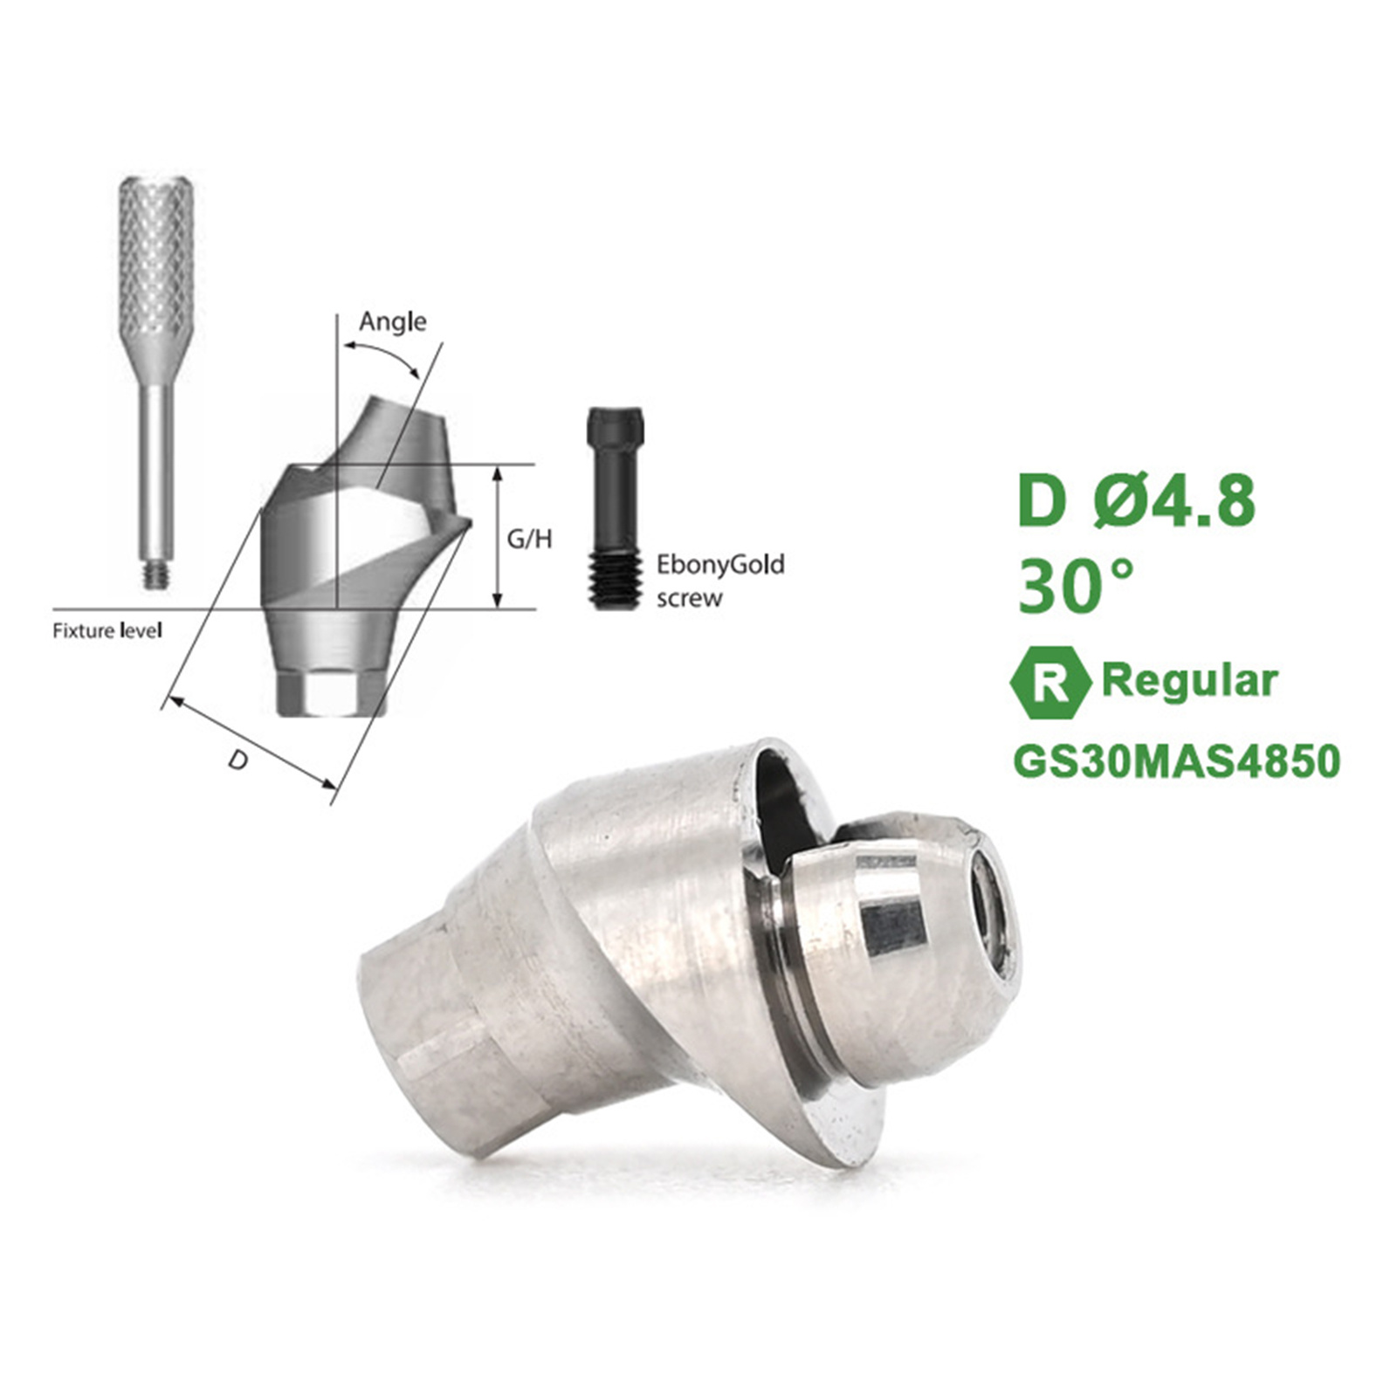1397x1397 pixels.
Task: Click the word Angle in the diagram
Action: (393, 322)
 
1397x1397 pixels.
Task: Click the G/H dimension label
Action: (530, 539)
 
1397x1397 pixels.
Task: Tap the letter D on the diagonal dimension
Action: (237, 760)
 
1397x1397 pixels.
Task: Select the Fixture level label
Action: (107, 630)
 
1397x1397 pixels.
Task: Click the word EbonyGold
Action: (720, 565)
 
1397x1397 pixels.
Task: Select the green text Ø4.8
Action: (1175, 501)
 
